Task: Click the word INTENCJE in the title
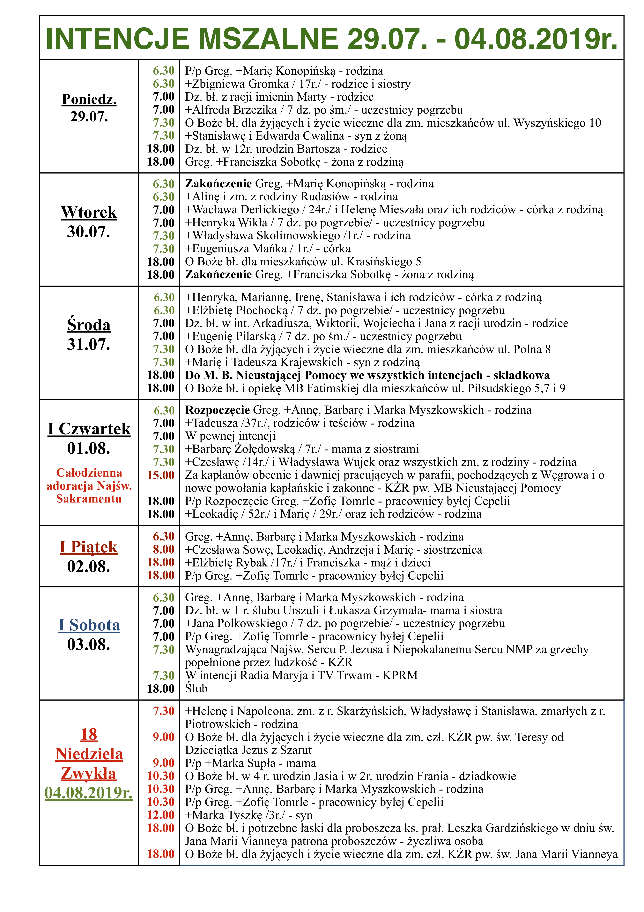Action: coord(118,39)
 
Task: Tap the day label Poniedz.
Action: coord(89,99)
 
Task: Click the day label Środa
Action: coord(89,325)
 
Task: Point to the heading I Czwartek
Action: coord(89,429)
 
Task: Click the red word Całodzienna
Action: coord(89,473)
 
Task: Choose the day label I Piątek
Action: coord(89,547)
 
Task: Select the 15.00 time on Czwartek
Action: coord(161,475)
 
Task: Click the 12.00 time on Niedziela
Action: coord(161,815)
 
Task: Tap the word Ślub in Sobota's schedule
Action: coord(196,688)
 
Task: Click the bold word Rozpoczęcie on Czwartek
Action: coord(218,410)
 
